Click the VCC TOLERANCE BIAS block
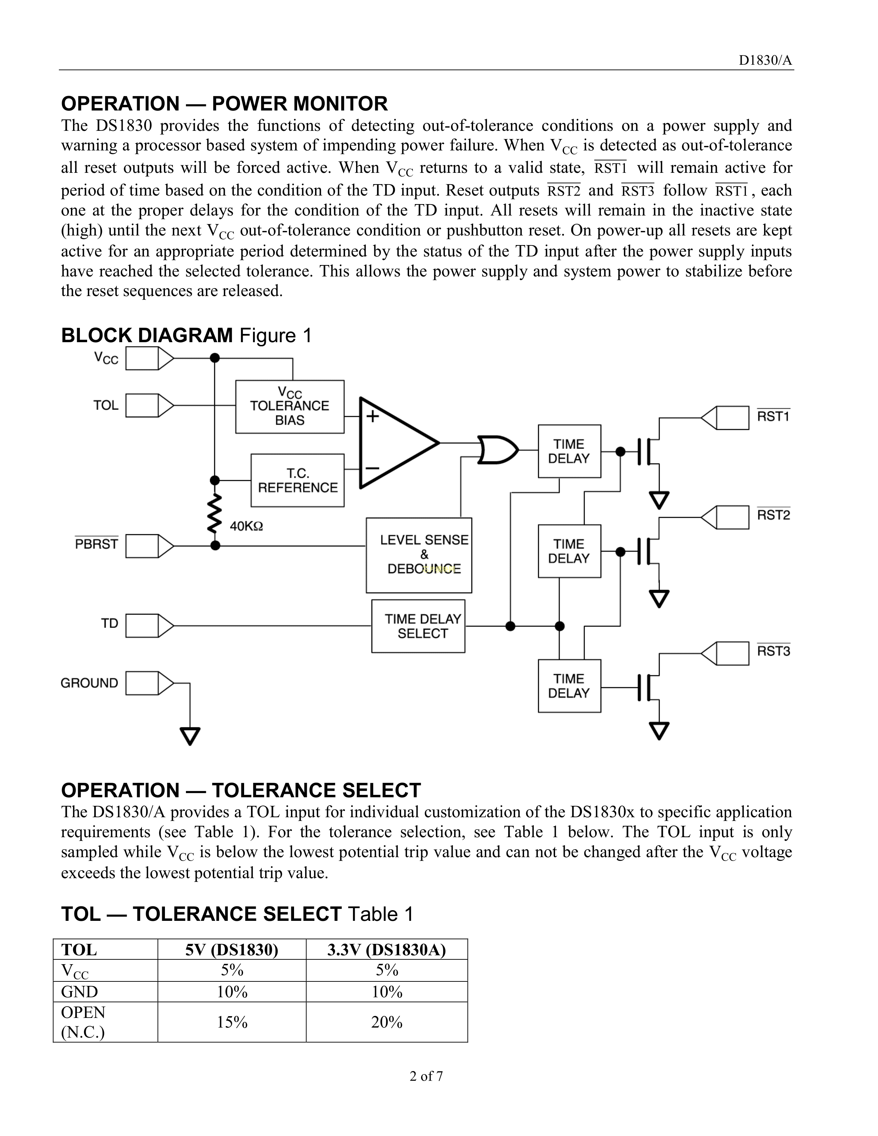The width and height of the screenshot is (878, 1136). pos(290,407)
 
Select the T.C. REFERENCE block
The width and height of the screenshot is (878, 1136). pos(297,481)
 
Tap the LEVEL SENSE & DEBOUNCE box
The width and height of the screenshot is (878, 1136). pos(419,555)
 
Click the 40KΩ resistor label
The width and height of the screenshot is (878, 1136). pos(247,526)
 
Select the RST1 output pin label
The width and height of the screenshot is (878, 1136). pos(773,416)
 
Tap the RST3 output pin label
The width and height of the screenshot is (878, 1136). pos(773,651)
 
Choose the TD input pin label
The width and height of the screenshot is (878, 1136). pos(110,623)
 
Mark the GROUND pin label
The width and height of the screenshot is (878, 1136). pos(90,683)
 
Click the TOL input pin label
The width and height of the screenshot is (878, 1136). pos(106,405)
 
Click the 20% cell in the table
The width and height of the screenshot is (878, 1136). pos(386,1022)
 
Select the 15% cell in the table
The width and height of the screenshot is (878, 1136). pos(232,1022)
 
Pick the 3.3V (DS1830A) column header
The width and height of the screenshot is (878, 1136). pos(386,950)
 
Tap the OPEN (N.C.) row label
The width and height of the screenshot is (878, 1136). pos(83,1022)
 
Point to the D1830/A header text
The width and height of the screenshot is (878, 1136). pos(766,61)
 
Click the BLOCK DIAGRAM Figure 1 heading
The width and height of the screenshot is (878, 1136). pos(186,336)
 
